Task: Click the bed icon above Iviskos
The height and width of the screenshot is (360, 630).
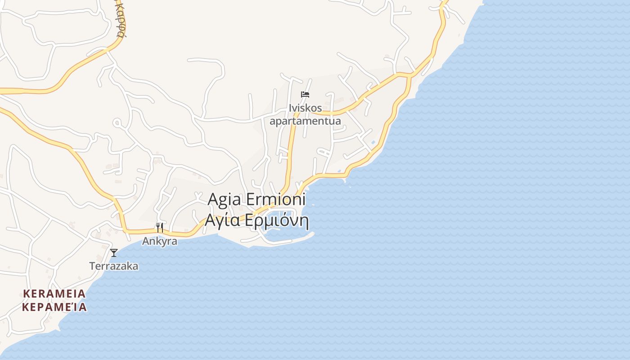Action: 305,94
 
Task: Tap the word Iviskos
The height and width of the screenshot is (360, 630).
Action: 306,108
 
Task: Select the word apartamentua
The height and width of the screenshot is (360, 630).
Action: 305,121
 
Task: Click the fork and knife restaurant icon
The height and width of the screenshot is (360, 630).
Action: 159,228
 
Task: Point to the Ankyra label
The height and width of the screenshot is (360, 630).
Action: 160,241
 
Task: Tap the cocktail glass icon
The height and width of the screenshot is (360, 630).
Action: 114,253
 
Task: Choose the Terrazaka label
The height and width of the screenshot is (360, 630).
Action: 114,266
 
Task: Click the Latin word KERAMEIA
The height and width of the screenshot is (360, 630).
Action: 54,294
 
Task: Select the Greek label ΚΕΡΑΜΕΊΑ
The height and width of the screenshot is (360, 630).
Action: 54,307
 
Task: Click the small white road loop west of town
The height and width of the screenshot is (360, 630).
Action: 117,122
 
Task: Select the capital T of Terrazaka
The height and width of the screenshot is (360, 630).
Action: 92,266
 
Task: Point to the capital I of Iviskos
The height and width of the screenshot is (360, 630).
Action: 291,108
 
